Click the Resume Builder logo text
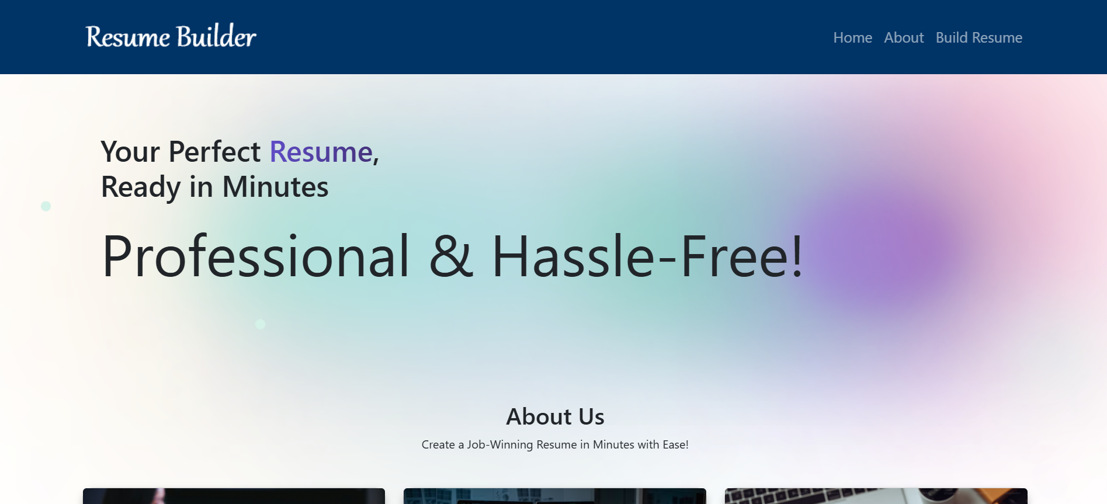point(171,36)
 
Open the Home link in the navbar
point(852,37)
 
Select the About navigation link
point(904,37)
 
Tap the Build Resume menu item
point(979,37)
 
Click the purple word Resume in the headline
point(321,152)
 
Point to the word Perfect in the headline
point(214,152)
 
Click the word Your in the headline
point(130,152)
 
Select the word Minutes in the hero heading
point(275,187)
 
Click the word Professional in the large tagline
point(256,256)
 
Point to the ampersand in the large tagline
point(451,256)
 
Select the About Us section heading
point(555,416)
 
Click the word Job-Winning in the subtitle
point(500,444)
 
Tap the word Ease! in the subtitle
point(675,444)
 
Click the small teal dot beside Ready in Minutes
point(46,206)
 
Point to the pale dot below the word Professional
point(261,324)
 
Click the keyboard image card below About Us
point(876,496)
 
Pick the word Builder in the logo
point(216,36)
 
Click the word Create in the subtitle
point(438,444)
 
